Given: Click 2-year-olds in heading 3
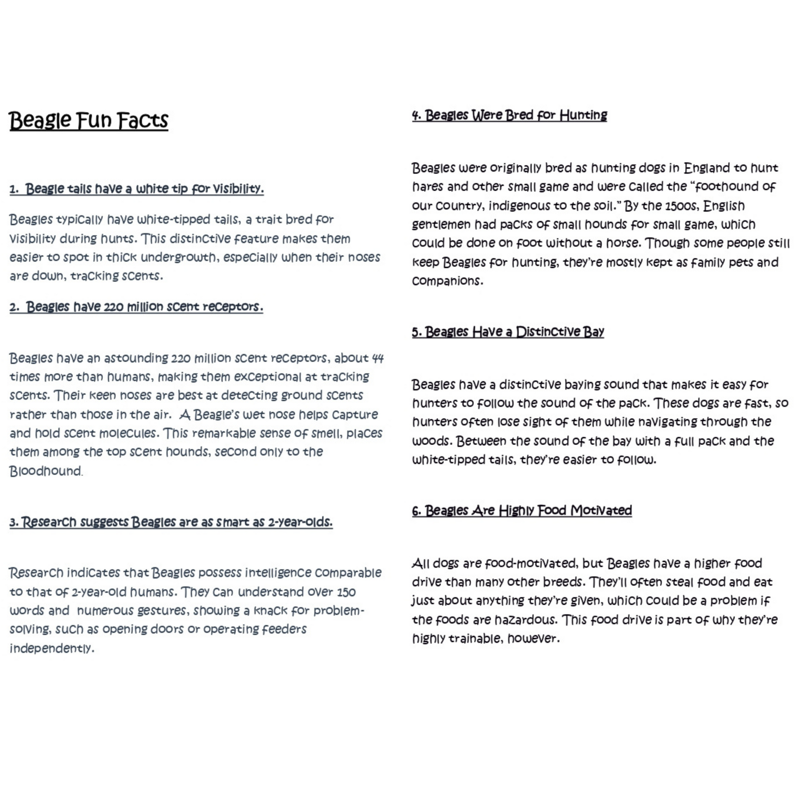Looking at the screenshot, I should (x=300, y=522).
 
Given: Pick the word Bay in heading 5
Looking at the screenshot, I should (x=593, y=332).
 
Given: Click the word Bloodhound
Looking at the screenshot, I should (x=46, y=471).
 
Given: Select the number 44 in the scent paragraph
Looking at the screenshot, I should (x=377, y=358).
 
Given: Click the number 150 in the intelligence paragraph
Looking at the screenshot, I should (x=346, y=592).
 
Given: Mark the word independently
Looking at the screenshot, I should (x=51, y=648).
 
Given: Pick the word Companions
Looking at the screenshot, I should (x=447, y=281).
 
